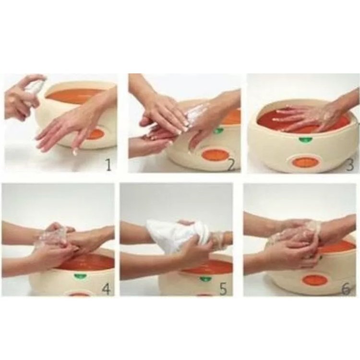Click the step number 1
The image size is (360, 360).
[x=108, y=165]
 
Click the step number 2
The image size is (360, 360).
[x=231, y=165]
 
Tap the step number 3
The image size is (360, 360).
[x=350, y=165]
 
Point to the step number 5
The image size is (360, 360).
[x=223, y=289]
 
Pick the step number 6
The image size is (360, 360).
[x=346, y=289]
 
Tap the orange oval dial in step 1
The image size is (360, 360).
[x=94, y=134]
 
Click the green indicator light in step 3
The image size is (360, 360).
[x=304, y=139]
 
